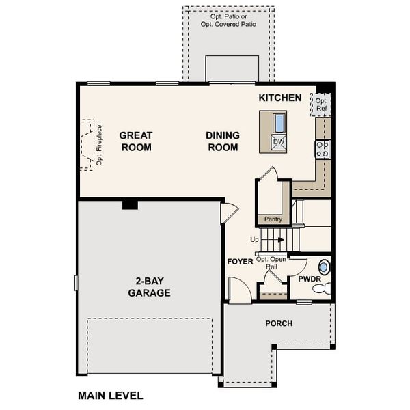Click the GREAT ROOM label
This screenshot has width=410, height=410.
[x=136, y=141]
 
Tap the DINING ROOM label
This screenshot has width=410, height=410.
[x=223, y=141]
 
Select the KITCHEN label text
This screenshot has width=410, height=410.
[x=279, y=98]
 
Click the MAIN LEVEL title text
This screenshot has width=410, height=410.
[x=110, y=396]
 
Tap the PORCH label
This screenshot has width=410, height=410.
[x=279, y=323]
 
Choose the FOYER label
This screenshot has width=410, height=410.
[x=240, y=262]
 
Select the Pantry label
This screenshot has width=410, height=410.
[x=273, y=219]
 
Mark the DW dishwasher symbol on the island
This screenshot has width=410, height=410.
[x=279, y=142]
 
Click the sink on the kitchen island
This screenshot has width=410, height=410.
[x=279, y=122]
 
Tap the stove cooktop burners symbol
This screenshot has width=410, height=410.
[x=323, y=149]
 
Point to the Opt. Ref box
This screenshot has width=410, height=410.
[x=321, y=105]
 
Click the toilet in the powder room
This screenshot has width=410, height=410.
[x=322, y=288]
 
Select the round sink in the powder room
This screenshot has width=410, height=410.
[x=324, y=267]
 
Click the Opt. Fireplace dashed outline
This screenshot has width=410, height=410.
[x=87, y=145]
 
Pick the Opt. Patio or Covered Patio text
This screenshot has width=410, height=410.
[x=228, y=20]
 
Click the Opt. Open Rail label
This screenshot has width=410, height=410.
[x=271, y=263]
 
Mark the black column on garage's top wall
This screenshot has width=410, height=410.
[x=130, y=204]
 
